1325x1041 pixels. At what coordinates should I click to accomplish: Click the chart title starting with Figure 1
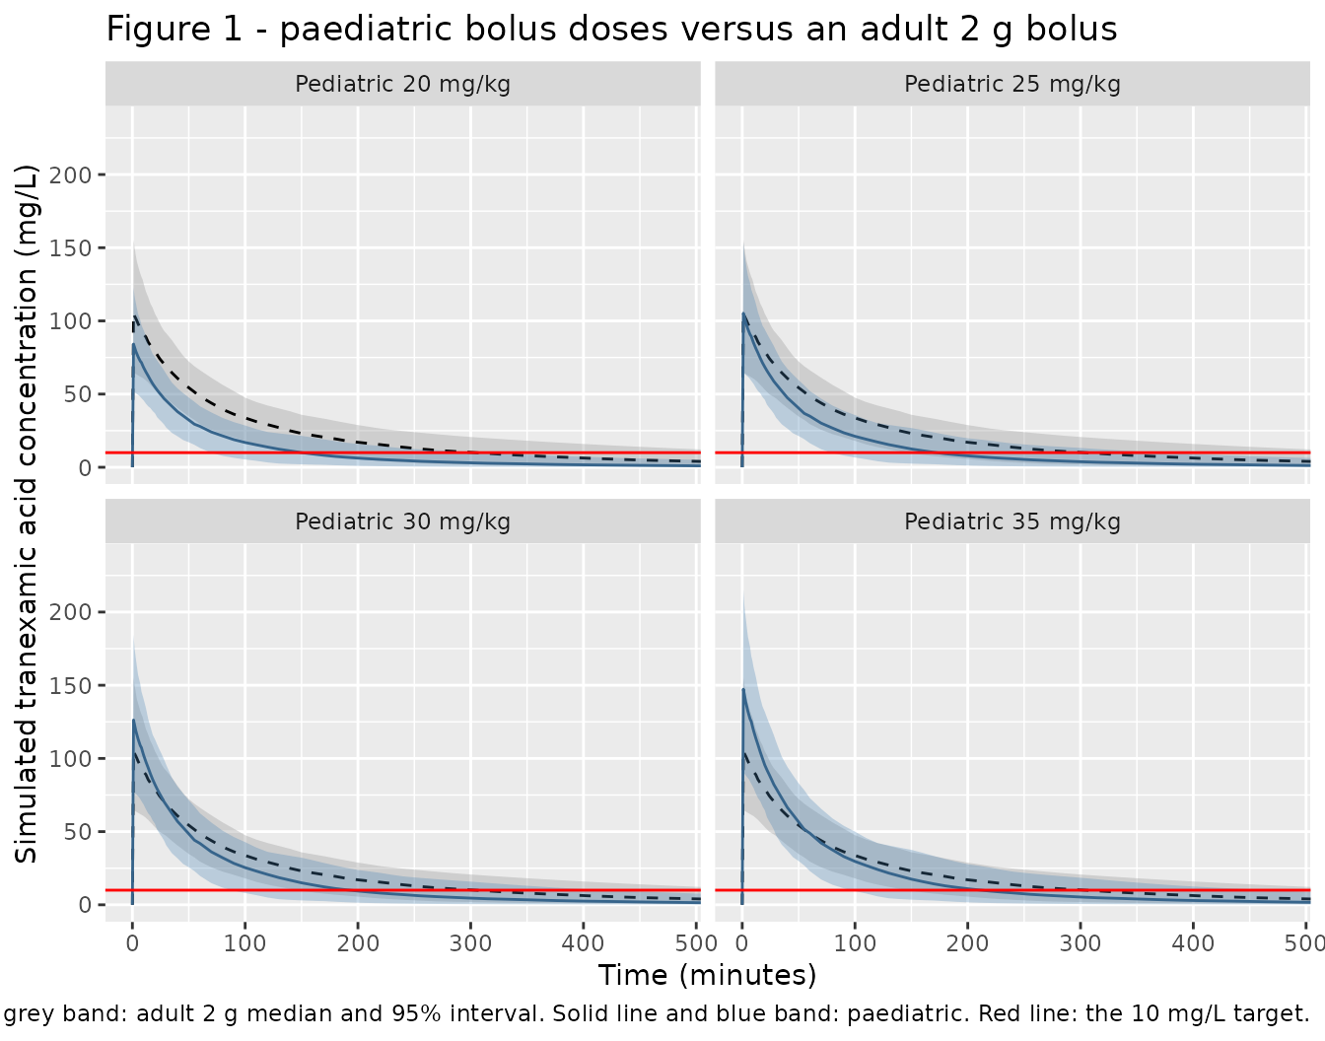pyautogui.click(x=611, y=29)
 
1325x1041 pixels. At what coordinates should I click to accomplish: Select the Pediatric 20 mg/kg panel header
pyautogui.click(x=402, y=84)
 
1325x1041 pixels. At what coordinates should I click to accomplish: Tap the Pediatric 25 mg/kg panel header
pyautogui.click(x=1012, y=84)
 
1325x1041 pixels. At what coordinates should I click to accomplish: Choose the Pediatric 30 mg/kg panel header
pyautogui.click(x=402, y=521)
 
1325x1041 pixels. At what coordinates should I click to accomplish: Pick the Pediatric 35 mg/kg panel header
pyautogui.click(x=1012, y=521)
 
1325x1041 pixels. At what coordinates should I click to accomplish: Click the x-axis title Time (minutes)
pyautogui.click(x=707, y=975)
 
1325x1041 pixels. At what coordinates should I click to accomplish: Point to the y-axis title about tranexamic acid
pyautogui.click(x=26, y=514)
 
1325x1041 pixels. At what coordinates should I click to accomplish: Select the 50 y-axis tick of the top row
pyautogui.click(x=78, y=394)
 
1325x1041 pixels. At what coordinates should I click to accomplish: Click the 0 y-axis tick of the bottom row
pyautogui.click(x=85, y=905)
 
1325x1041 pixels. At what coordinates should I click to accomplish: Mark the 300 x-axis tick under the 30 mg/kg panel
pyautogui.click(x=470, y=943)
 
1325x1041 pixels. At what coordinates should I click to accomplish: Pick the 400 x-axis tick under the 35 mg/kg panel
pyautogui.click(x=1193, y=943)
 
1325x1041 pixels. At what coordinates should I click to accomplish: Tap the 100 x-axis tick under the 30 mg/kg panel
pyautogui.click(x=244, y=943)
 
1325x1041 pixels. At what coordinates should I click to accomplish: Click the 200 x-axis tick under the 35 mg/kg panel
pyautogui.click(x=967, y=943)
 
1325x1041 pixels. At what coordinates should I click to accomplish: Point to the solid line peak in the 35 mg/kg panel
pyautogui.click(x=743, y=689)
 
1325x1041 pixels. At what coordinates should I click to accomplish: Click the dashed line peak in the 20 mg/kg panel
pyautogui.click(x=135, y=316)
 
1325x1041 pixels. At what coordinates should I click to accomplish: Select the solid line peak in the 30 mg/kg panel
pyautogui.click(x=133, y=721)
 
